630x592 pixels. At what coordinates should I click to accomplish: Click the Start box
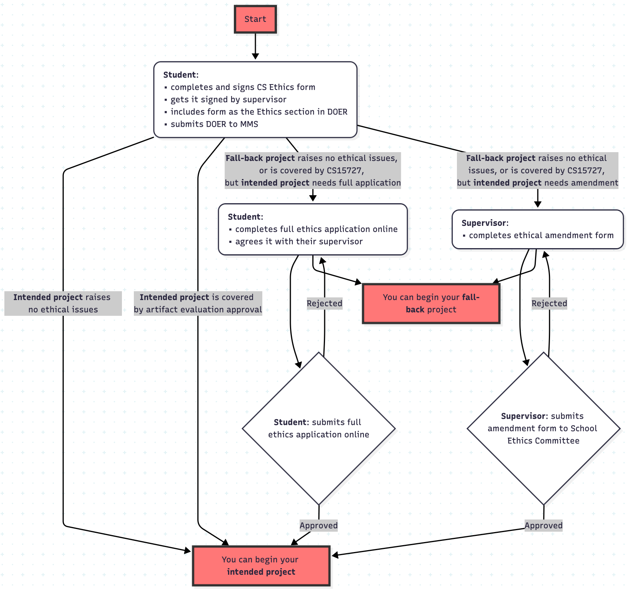(x=255, y=19)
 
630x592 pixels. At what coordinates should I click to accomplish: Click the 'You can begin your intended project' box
(x=261, y=565)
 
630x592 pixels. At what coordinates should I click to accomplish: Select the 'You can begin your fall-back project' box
(x=431, y=303)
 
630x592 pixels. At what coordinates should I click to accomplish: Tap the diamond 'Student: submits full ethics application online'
(x=318, y=428)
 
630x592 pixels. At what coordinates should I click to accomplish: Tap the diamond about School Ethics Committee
(x=543, y=428)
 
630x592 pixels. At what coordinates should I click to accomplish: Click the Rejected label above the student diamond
(x=324, y=303)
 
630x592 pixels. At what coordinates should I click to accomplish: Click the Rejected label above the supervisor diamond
(x=549, y=303)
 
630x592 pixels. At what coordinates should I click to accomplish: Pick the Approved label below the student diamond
(x=318, y=526)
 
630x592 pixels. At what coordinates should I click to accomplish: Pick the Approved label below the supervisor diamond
(x=543, y=526)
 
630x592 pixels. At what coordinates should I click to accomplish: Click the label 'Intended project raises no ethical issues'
(x=63, y=303)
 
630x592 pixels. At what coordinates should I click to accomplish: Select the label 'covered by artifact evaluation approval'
(x=198, y=303)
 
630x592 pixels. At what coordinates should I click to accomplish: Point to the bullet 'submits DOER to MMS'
(x=214, y=124)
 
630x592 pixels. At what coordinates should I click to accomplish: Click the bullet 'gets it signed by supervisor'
(x=228, y=99)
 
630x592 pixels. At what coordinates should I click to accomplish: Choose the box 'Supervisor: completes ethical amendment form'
(x=537, y=229)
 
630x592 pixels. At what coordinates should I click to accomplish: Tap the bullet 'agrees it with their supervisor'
(x=299, y=242)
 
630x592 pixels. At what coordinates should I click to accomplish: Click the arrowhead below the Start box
(x=255, y=56)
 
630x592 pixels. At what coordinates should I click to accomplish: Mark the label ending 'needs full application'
(x=313, y=171)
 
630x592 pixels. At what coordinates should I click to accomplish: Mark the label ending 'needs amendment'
(x=537, y=171)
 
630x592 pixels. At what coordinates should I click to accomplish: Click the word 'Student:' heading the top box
(x=180, y=75)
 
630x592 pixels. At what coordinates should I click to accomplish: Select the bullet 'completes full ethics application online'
(x=316, y=229)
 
